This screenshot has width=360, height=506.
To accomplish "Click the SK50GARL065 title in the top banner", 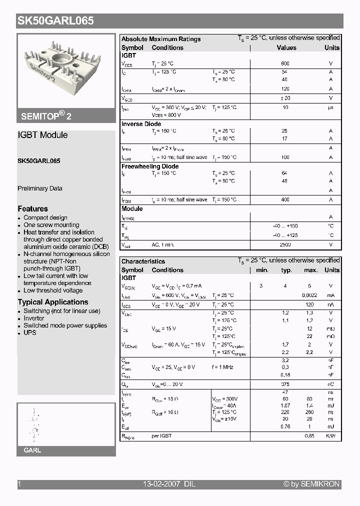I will (x=55, y=21).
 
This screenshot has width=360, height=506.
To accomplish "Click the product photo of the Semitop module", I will (x=66, y=70).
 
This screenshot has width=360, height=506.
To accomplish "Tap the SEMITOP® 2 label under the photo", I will (x=46, y=115).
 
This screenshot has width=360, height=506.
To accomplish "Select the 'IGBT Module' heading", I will (x=42, y=135).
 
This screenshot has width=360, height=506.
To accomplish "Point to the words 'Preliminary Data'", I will (x=40, y=188).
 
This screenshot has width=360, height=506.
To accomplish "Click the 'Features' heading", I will (x=33, y=208).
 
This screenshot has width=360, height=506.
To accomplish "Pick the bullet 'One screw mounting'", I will (x=51, y=225).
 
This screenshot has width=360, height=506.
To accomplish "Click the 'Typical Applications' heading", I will (x=53, y=302).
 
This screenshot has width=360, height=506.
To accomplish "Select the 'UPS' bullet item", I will (x=30, y=332).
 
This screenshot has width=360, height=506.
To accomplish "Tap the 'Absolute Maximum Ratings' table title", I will (x=161, y=39).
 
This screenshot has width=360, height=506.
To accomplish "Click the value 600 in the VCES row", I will (x=285, y=64).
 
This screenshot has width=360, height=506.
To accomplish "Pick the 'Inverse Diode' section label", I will (x=141, y=124).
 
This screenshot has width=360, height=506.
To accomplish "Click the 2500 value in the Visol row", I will (x=285, y=245).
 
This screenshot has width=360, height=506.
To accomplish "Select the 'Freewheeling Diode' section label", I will (x=150, y=166).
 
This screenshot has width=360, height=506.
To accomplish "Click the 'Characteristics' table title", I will (x=143, y=261).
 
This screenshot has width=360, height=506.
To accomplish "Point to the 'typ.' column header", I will (x=286, y=270).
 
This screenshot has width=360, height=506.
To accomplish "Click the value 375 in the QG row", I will (x=285, y=384).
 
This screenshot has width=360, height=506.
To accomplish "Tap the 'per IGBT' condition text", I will (x=161, y=436).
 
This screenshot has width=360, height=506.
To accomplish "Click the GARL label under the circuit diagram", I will (x=32, y=450).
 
